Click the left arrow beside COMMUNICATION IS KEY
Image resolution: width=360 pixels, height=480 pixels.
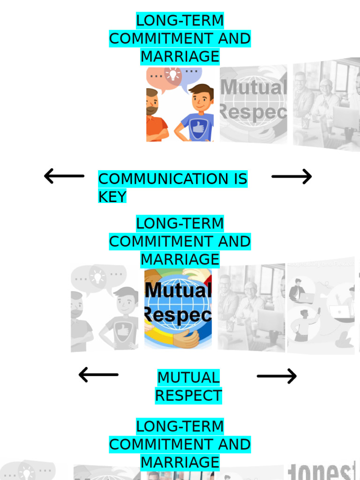coord(64,176)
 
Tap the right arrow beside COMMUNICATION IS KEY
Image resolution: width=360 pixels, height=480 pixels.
coord(292,177)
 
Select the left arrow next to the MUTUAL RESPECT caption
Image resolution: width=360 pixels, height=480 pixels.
coord(98,375)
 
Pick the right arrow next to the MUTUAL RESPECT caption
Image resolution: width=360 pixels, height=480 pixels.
coord(277,376)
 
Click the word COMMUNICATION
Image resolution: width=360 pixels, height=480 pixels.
coord(157,179)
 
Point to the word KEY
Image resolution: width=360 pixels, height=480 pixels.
coord(112,197)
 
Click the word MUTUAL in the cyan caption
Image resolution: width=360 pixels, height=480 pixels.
coord(188,377)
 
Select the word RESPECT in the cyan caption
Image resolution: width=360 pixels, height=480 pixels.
coord(188,396)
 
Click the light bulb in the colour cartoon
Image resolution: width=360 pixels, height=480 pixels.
coord(172,75)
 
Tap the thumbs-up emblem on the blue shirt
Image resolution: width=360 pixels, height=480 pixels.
coord(198,127)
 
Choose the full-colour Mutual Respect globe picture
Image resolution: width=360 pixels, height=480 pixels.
coord(178,308)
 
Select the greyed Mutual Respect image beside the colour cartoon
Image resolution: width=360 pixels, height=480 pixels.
coord(253,104)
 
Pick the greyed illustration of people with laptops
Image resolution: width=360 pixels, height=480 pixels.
coord(321,305)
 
